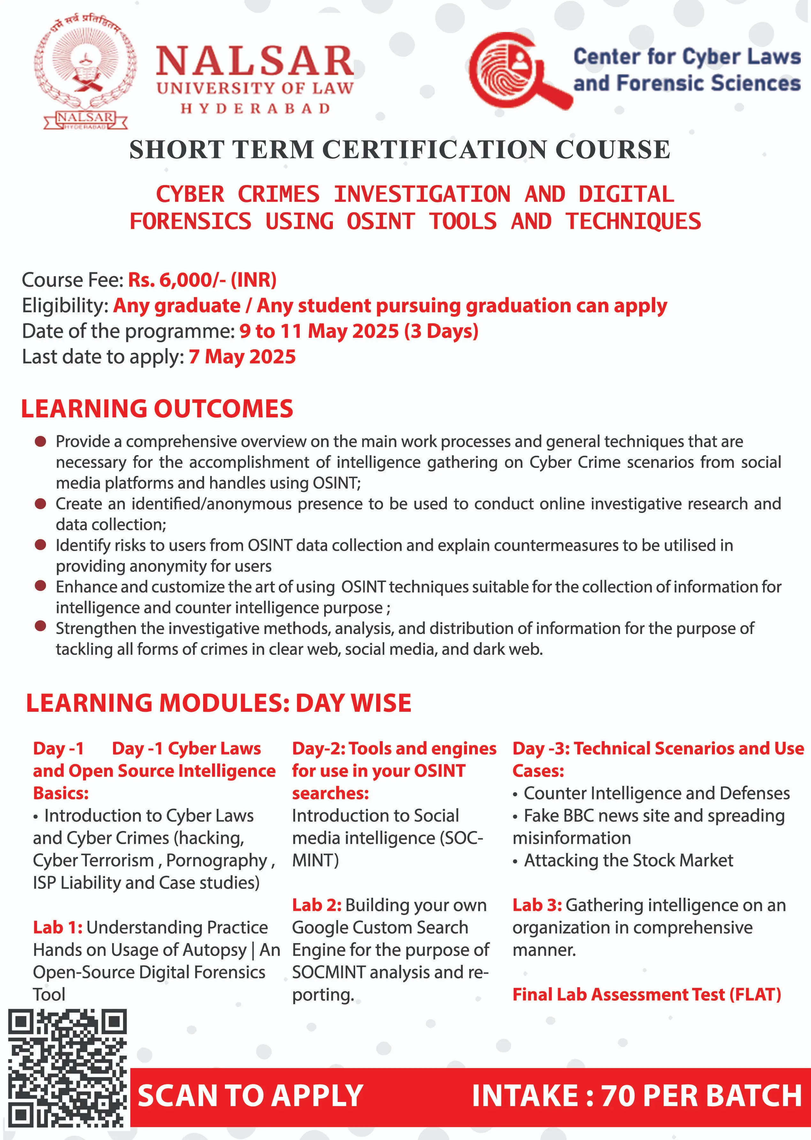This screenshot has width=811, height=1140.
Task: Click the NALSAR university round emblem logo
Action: coord(85,73)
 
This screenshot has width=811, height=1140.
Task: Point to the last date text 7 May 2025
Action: coord(242,357)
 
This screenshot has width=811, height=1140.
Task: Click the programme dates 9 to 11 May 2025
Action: coord(359,331)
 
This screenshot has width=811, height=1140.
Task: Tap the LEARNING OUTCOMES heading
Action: coord(157,409)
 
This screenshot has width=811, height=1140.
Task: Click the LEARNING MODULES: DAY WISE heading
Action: coord(219,703)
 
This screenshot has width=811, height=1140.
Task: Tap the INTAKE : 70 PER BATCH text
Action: coord(636,1096)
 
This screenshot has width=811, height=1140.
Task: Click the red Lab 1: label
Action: coord(57,927)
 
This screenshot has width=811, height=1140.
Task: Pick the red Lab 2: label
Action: coord(317,905)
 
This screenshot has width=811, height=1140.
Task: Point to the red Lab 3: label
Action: coord(537,905)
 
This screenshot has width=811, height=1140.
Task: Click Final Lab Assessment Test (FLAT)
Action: coord(647,994)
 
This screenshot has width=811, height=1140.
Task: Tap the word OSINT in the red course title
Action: coord(380,221)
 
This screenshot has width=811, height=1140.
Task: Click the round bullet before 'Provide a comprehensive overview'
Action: coord(41,441)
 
